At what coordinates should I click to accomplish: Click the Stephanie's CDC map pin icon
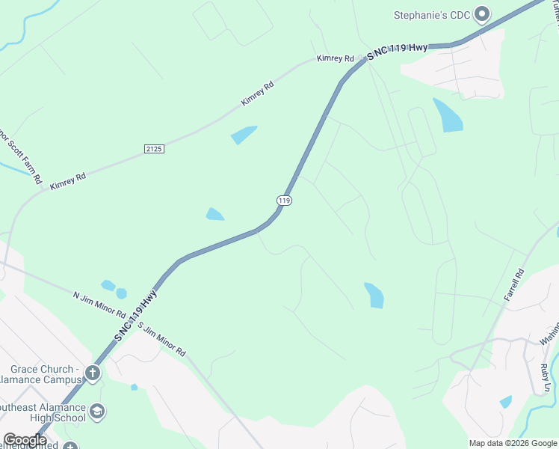click(x=482, y=13)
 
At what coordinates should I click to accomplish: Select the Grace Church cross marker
click(x=93, y=373)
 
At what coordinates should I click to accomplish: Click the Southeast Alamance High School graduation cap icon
click(x=96, y=411)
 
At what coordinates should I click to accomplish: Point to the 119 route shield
click(x=284, y=201)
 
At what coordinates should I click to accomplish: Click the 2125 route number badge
click(x=153, y=149)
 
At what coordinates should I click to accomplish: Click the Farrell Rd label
click(x=514, y=284)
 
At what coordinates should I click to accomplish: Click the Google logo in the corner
click(x=25, y=440)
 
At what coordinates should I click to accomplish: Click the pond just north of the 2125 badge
click(x=244, y=135)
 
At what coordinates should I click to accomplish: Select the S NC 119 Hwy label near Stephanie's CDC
click(x=397, y=48)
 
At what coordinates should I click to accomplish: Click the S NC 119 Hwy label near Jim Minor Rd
click(x=137, y=317)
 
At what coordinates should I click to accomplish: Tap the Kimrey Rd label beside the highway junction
click(x=334, y=58)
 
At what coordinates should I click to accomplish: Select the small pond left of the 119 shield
click(x=214, y=214)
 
